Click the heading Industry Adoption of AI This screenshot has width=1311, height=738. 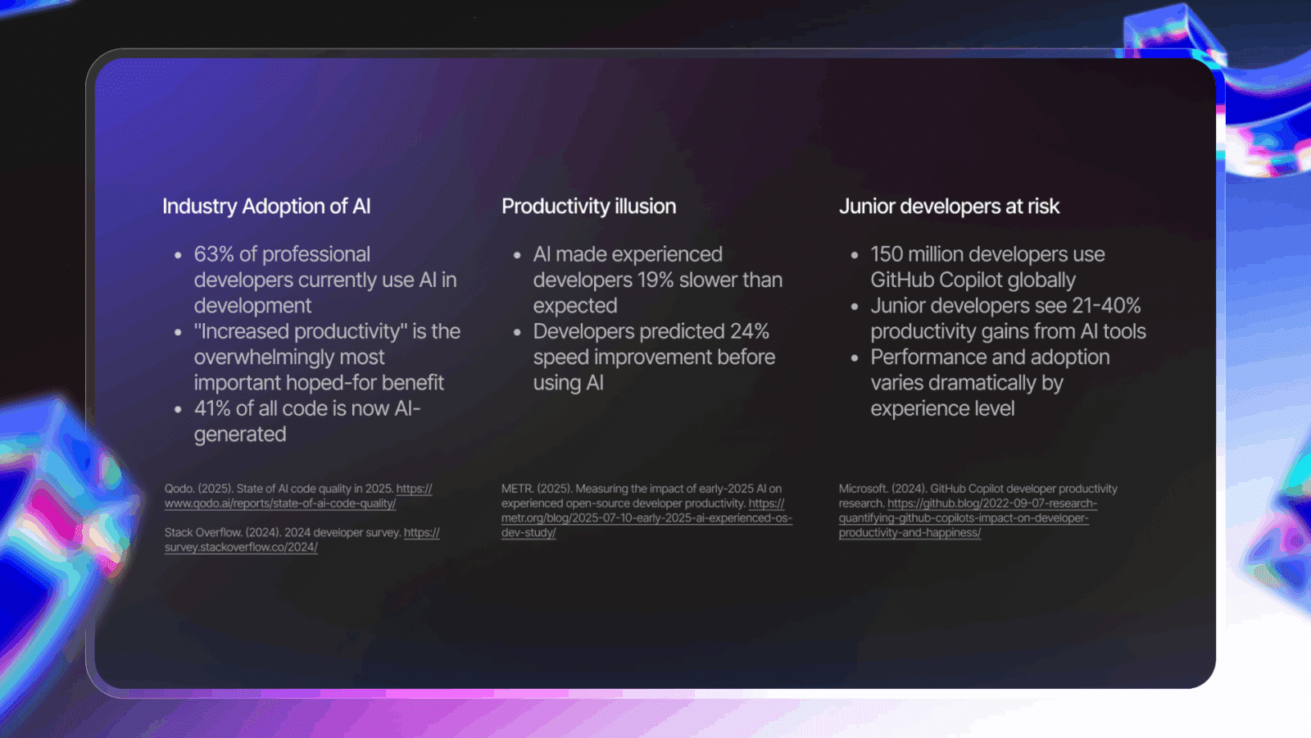(266, 206)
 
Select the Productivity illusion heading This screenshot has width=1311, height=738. (589, 206)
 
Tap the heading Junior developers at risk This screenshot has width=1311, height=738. (949, 206)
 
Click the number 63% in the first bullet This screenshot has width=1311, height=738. (214, 254)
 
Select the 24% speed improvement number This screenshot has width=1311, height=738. (749, 331)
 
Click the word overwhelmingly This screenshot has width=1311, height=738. (289, 358)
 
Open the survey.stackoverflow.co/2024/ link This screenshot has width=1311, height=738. (302, 540)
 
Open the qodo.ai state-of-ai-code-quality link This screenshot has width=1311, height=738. (298, 496)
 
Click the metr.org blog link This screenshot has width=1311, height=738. (646, 517)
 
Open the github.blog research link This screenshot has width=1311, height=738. (968, 517)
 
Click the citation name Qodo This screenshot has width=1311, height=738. (179, 489)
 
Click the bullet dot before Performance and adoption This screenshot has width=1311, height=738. (855, 358)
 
